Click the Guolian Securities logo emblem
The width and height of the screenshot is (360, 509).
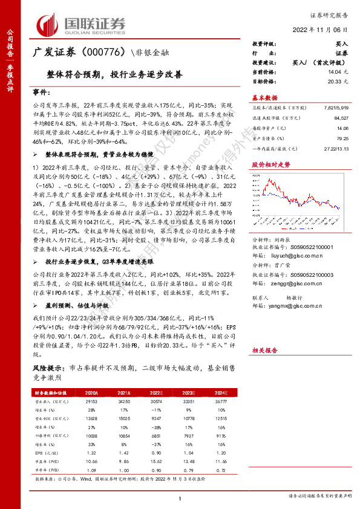point(48,24)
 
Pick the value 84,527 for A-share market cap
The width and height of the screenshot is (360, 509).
point(339,120)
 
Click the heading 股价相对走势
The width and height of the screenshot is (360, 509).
point(268,164)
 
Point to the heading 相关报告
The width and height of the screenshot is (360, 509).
point(264,350)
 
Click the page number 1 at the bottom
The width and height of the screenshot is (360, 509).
point(180,498)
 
